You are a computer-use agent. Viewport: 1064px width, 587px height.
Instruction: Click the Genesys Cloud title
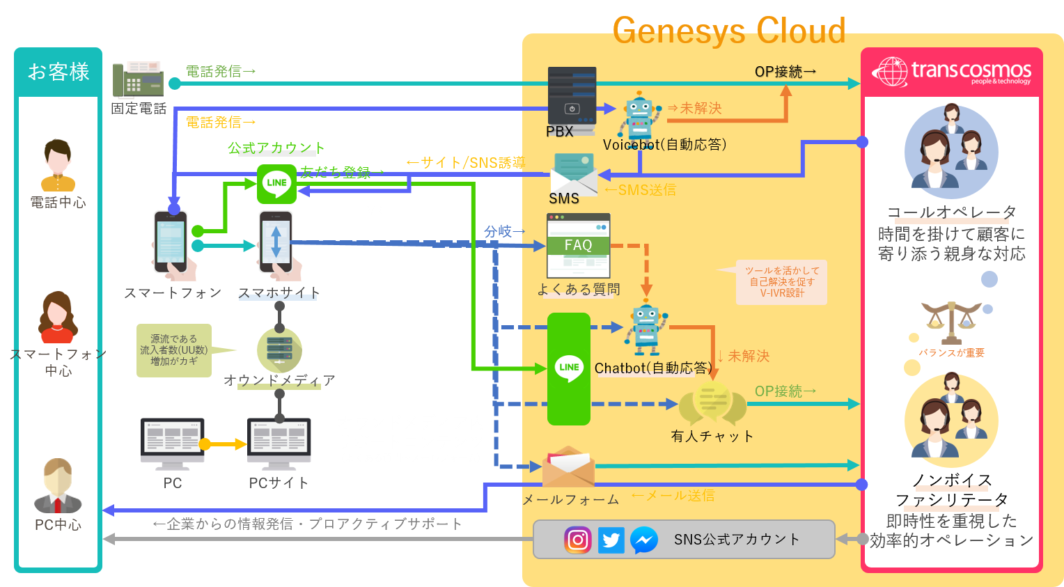728,31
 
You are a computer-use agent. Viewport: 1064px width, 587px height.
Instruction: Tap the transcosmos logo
951,72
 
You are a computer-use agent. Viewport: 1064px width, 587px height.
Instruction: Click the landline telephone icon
138,79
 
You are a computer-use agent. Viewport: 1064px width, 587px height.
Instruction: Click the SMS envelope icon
574,174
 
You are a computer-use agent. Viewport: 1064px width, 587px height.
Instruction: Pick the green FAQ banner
578,245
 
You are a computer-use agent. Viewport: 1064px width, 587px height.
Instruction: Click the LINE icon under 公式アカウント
276,183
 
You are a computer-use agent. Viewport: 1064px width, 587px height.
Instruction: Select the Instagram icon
578,540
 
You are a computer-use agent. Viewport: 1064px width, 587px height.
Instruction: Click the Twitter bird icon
611,540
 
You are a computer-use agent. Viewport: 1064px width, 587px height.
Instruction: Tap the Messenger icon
644,540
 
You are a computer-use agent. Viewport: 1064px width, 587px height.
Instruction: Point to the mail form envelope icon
568,467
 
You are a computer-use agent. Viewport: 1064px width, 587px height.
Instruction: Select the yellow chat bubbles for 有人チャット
712,404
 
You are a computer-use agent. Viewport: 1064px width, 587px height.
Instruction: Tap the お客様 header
58,72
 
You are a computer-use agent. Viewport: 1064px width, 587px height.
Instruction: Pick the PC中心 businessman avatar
58,486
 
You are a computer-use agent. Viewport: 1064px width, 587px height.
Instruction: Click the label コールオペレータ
951,212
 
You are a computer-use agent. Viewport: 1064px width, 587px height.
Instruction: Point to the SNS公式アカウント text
737,540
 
